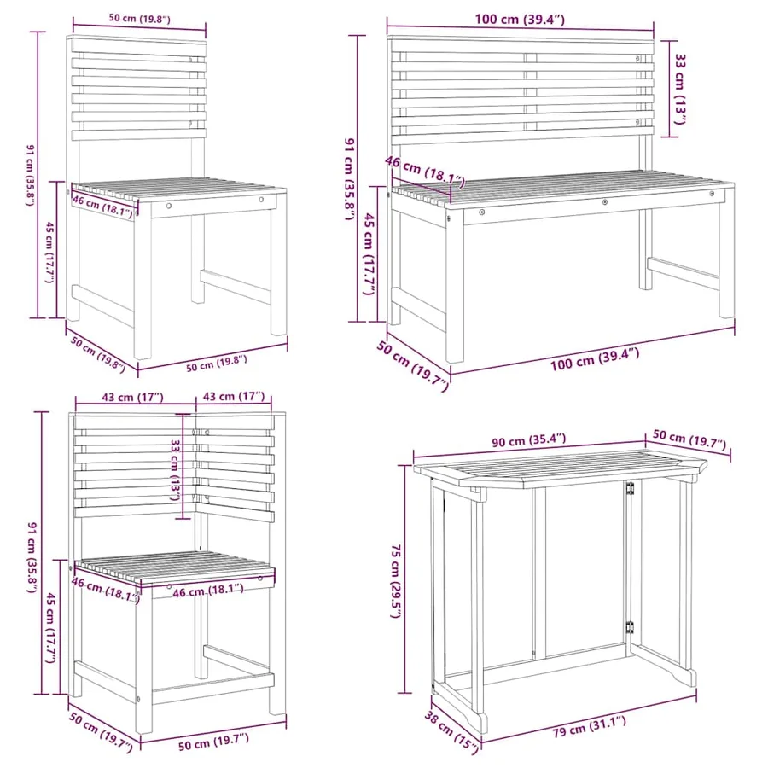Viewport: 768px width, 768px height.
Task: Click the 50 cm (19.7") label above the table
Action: point(689,439)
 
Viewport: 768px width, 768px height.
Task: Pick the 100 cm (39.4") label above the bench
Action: point(519,20)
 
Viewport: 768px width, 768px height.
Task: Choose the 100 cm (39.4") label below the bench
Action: point(595,358)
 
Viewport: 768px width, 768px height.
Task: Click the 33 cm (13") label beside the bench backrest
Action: point(681,89)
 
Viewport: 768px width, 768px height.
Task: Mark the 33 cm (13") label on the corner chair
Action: point(175,469)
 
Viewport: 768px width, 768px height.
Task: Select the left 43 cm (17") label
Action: point(132,397)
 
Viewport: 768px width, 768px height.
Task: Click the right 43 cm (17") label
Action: point(233,396)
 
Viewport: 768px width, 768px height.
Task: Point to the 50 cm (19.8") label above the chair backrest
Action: point(139,19)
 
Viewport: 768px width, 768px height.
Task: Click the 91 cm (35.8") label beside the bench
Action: point(349,179)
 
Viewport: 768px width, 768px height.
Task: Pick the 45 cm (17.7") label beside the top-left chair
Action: point(49,252)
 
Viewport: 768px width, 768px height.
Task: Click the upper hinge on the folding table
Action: point(630,488)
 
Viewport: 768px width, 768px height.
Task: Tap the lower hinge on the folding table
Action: point(630,627)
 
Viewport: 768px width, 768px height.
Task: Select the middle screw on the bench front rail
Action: point(605,201)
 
